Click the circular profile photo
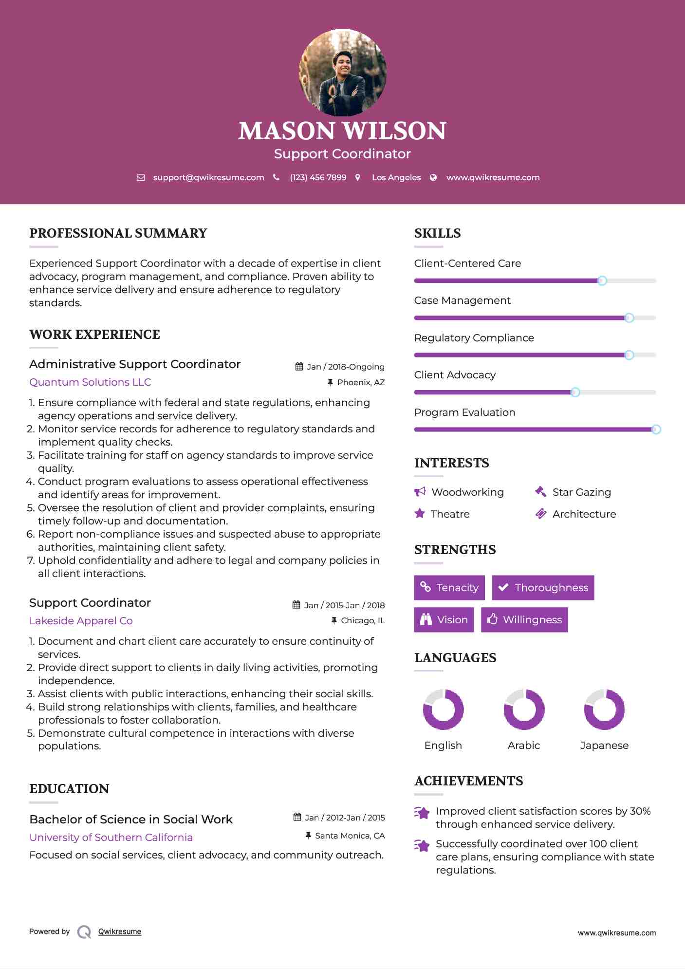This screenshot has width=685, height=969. [x=342, y=73]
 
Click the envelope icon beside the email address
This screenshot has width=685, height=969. [x=141, y=178]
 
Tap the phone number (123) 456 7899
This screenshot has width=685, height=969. [x=318, y=178]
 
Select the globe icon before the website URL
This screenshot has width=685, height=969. [x=433, y=178]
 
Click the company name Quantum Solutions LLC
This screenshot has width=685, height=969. [x=90, y=382]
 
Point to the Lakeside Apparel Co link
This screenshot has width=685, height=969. [x=81, y=621]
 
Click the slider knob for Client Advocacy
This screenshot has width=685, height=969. [x=575, y=392]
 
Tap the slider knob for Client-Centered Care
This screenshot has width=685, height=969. [x=602, y=281]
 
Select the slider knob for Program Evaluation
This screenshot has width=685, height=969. [x=656, y=429]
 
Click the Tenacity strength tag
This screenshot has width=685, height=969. [x=449, y=588]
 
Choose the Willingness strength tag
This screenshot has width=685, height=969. [x=524, y=620]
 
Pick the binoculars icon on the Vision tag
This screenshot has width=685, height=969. [x=426, y=620]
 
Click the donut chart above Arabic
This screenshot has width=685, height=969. [x=524, y=709]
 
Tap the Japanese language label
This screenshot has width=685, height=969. [x=604, y=745]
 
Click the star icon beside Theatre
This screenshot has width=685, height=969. [x=420, y=514]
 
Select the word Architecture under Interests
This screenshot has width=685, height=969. [x=584, y=514]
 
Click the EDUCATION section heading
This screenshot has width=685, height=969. [x=69, y=789]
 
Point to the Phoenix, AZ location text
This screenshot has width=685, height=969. [x=361, y=383]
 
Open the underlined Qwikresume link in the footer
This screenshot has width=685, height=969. [x=120, y=932]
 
